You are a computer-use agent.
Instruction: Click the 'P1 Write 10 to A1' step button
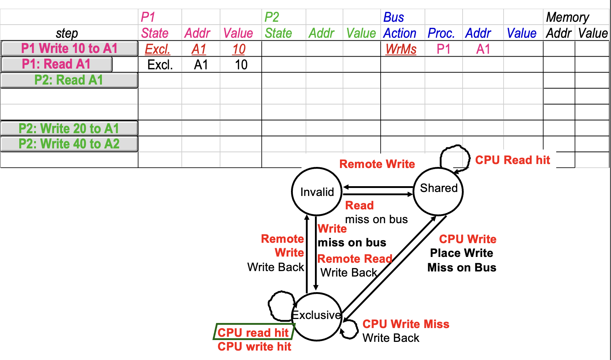tap(69, 48)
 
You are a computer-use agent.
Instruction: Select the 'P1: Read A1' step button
tap(57, 64)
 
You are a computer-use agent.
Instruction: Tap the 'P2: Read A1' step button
tap(69, 80)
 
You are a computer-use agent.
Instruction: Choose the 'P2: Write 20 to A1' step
tap(69, 128)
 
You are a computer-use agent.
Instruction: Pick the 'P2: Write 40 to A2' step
tap(69, 144)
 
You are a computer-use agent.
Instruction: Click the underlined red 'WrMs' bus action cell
tap(401, 49)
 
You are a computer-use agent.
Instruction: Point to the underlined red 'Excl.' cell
tap(157, 49)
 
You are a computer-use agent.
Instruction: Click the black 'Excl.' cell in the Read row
tap(160, 65)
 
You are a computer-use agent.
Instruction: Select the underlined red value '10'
tap(239, 49)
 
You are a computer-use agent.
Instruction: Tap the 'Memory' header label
tap(567, 17)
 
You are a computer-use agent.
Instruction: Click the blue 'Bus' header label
tap(394, 17)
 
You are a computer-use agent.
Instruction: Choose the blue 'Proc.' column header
tap(441, 33)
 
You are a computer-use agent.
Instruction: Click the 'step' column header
tap(67, 33)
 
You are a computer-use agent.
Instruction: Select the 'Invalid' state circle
tap(317, 192)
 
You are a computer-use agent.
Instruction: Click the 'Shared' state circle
tap(438, 191)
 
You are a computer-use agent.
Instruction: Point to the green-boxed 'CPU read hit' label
tap(253, 332)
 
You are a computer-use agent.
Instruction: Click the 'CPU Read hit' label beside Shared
tap(512, 160)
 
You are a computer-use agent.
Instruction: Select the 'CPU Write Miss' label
tap(406, 324)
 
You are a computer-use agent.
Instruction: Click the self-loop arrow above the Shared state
tap(454, 156)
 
